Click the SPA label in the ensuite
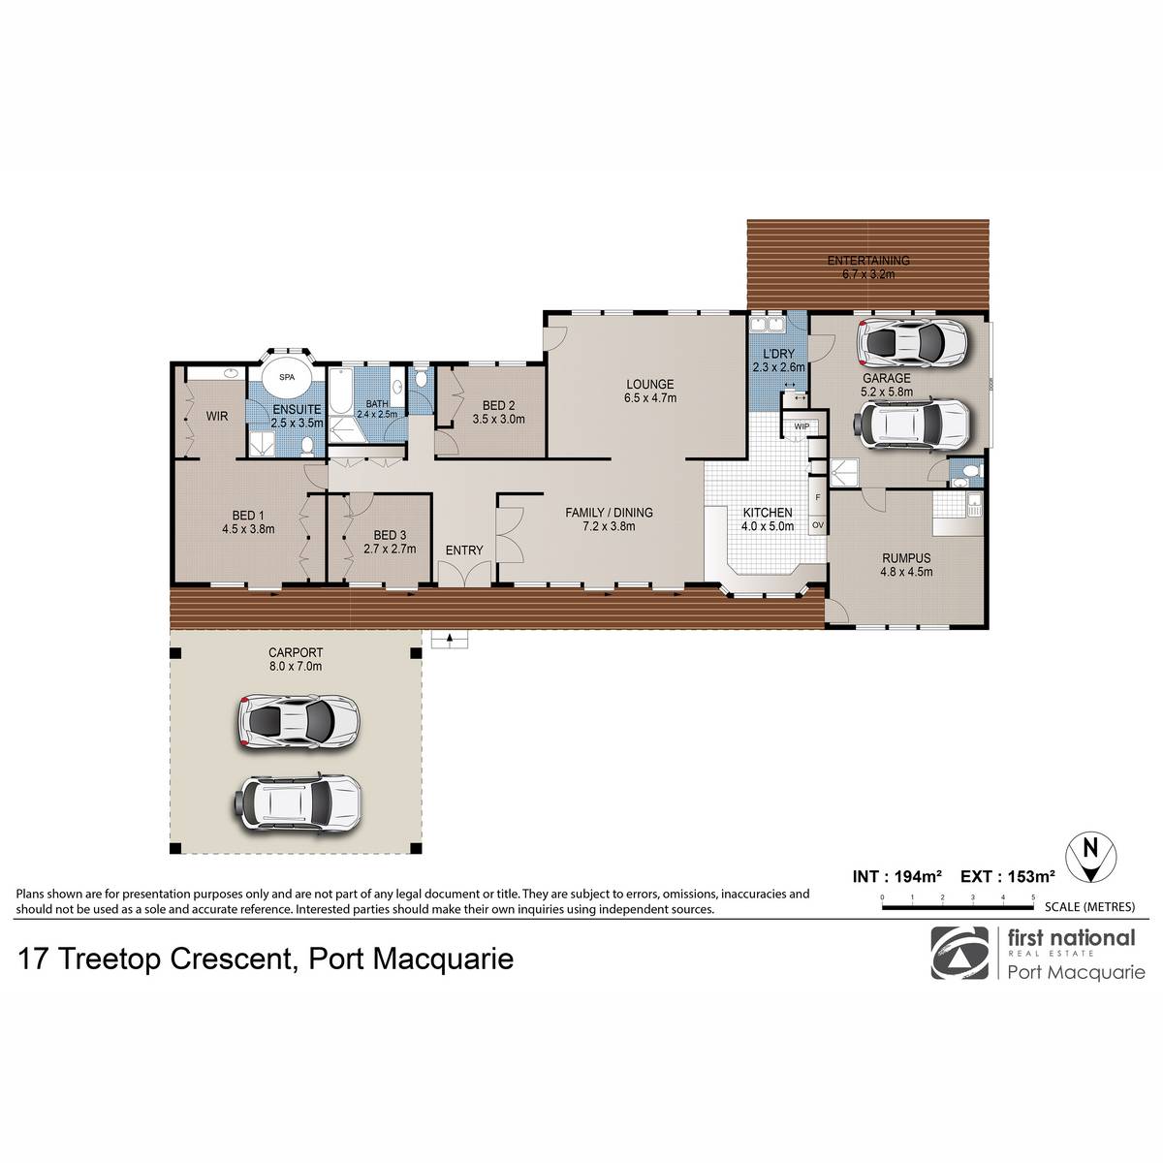tap(287, 377)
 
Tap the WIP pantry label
tap(802, 426)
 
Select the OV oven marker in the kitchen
tap(818, 525)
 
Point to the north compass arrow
tap(1090, 857)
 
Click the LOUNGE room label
tap(650, 384)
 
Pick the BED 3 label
tap(390, 535)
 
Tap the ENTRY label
tap(464, 550)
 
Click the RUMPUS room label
tap(906, 558)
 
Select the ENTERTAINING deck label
tap(868, 261)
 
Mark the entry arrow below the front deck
tap(450, 639)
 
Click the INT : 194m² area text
tap(896, 876)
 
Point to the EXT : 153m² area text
tap(1007, 876)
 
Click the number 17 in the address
tap(34, 959)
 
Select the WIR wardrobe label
tap(217, 417)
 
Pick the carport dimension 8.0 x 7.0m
tap(296, 666)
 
